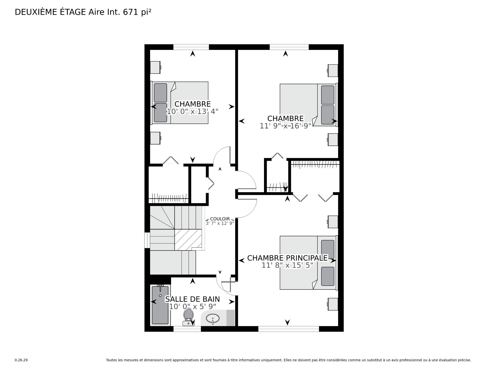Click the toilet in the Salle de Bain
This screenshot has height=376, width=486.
pos(188,317)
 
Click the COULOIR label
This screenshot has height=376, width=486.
pos(220,219)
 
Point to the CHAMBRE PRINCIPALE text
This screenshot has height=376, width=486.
pos(287,258)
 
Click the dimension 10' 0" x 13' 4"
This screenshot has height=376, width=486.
pos(192,112)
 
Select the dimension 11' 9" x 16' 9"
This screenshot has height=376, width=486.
pos(286,126)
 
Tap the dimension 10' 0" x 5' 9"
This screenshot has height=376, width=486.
pos(192,307)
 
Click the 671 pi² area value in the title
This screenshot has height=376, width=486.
pos(137,12)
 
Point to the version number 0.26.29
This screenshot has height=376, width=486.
pos(21,360)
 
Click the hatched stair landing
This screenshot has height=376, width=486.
pos(188,239)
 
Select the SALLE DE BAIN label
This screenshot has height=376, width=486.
pos(192,299)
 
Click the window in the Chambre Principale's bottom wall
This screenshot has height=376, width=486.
pos(289,329)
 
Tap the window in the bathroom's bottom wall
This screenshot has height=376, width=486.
pos(187,329)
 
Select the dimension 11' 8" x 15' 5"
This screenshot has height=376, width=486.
pos(288,265)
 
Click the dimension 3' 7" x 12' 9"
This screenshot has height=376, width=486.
pos(220,223)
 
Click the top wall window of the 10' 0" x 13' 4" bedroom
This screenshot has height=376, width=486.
pos(191,47)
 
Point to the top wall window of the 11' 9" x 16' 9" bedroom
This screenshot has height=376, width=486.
pos(289,47)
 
